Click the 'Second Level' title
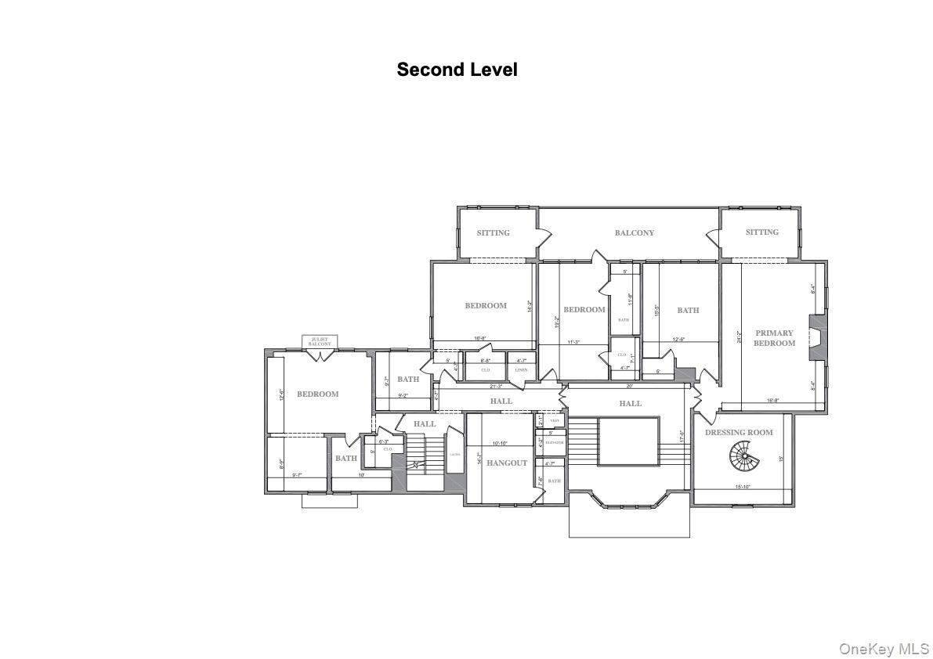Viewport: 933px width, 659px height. [x=457, y=70]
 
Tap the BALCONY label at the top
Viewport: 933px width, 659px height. [x=634, y=233]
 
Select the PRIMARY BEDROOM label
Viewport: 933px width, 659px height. [x=774, y=338]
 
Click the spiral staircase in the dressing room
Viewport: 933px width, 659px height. [x=741, y=454]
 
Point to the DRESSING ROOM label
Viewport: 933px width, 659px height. [x=739, y=433]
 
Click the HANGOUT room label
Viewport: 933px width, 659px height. [x=507, y=463]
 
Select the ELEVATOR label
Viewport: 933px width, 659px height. [x=554, y=443]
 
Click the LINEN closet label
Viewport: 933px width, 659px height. [x=521, y=370]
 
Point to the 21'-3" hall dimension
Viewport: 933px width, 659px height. [x=497, y=386]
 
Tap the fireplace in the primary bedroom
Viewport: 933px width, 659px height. [x=817, y=337]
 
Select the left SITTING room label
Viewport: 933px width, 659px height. [x=493, y=233]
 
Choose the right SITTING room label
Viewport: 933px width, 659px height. [x=761, y=232]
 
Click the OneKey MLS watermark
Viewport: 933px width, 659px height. [x=884, y=649]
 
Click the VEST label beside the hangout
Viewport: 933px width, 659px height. [x=554, y=421]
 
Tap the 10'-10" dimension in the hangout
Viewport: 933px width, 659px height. [x=499, y=444]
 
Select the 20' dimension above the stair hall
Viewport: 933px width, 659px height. [x=629, y=386]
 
